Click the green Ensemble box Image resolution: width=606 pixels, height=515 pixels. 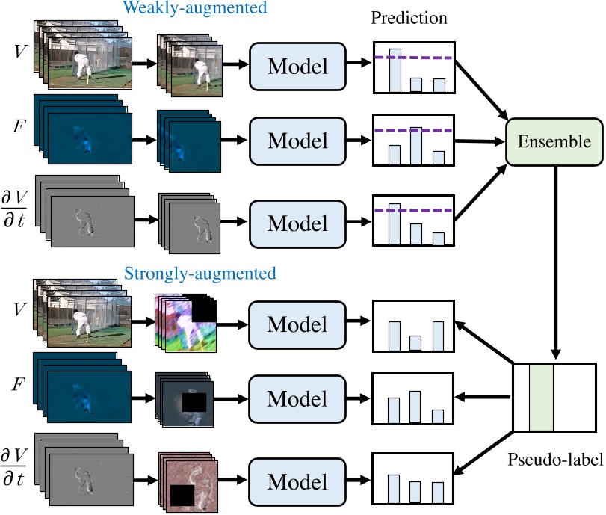[x=554, y=141]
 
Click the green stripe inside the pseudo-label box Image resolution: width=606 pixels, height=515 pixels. [x=541, y=398]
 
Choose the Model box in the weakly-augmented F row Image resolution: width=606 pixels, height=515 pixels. [x=297, y=141]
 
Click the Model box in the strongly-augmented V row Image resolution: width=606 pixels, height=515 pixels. [x=297, y=324]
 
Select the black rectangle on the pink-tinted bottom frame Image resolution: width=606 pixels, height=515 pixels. [x=182, y=496]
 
